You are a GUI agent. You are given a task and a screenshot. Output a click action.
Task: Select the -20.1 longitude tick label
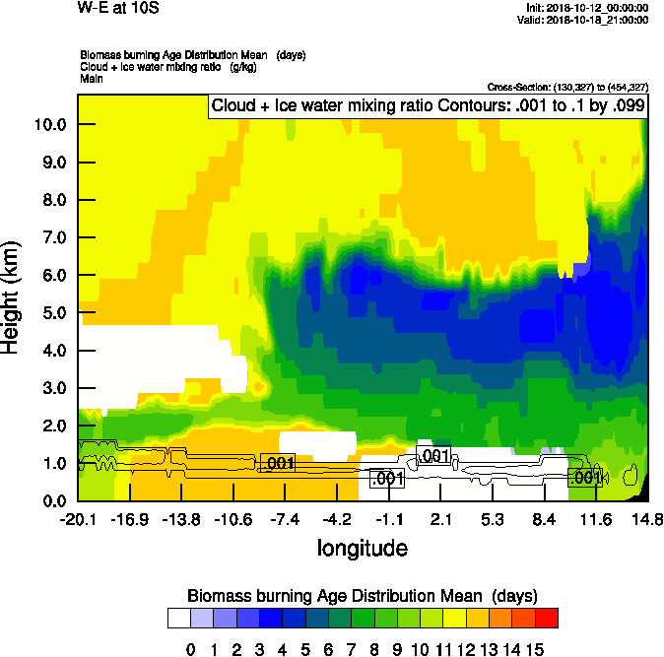coord(78,519)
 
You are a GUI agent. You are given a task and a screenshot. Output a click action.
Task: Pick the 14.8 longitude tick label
coord(645,519)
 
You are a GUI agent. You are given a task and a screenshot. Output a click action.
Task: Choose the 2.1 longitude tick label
coord(440,519)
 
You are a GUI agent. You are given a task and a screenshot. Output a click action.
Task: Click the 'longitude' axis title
coord(362,548)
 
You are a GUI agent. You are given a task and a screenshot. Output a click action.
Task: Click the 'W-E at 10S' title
coord(117,9)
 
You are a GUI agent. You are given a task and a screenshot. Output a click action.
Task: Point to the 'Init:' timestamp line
coord(588,8)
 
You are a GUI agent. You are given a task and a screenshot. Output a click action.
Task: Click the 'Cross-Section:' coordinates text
coord(567,88)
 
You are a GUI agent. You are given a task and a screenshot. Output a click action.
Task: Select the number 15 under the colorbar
coord(534,649)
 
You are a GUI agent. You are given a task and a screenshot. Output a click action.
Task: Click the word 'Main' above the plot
coord(93,77)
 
